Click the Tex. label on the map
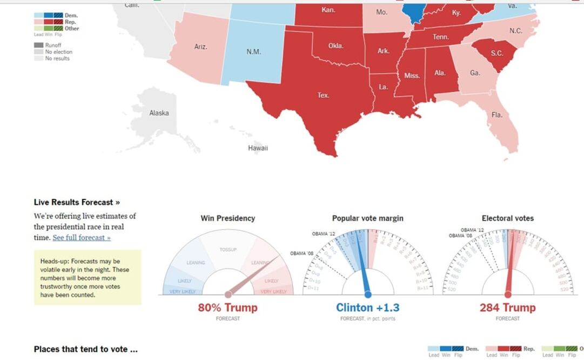click(323, 95)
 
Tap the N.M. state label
click(253, 52)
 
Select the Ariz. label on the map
click(200, 47)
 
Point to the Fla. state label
click(496, 115)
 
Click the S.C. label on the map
click(496, 53)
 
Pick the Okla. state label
click(335, 46)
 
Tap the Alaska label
click(159, 113)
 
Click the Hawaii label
click(258, 148)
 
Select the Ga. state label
click(475, 73)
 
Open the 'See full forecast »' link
click(82, 238)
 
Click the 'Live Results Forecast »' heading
click(77, 202)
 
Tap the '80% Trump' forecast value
click(227, 308)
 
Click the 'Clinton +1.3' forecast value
click(367, 308)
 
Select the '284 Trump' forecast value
click(507, 308)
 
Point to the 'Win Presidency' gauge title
click(227, 218)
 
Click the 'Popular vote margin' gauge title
click(367, 218)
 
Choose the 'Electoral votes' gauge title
click(507, 218)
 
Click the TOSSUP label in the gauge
click(228, 250)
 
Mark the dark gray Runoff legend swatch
click(38, 45)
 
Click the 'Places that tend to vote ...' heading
click(85, 349)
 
